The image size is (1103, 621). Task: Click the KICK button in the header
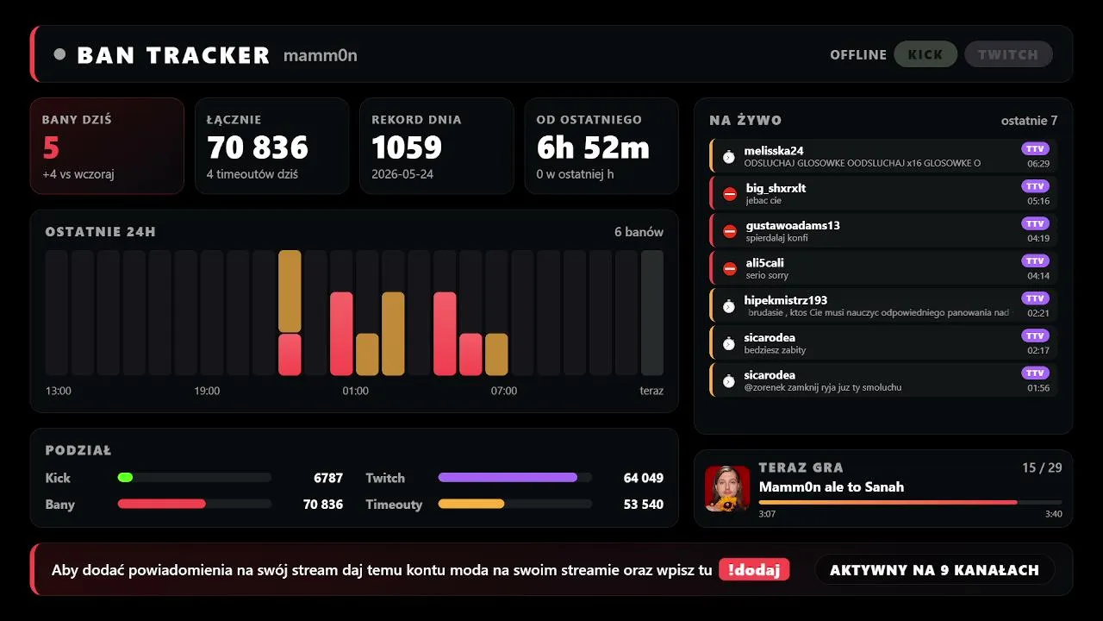[925, 54]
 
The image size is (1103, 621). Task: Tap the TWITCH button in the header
[1008, 54]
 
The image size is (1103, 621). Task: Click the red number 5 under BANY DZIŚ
[51, 147]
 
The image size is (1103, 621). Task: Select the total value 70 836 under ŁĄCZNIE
[258, 147]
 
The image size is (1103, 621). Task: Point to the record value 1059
[407, 147]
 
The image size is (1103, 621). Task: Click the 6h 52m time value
[593, 147]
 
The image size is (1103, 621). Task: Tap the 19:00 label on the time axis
[207, 391]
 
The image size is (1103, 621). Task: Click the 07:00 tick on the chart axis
[504, 391]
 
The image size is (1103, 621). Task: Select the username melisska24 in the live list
[774, 151]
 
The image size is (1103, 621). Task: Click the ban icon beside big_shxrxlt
[730, 194]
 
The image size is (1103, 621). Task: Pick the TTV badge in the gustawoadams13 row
[1035, 223]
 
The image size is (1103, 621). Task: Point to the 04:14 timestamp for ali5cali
[1038, 275]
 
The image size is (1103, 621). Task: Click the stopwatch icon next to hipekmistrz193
[729, 306]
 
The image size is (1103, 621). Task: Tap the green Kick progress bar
[125, 477]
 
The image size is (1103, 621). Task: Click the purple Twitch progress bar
[508, 477]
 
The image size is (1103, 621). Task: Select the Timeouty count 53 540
[643, 505]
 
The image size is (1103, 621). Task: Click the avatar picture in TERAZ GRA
[727, 488]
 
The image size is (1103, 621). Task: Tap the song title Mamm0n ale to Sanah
[832, 487]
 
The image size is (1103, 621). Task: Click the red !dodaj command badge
[754, 570]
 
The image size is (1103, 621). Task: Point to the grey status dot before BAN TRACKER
[59, 54]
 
